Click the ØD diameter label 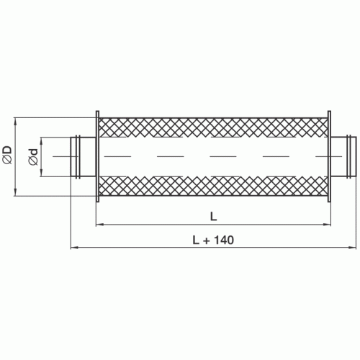coord(7,156)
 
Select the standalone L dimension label coord(214,215)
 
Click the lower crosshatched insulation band coord(213,186)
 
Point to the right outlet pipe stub coord(344,156)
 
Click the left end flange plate coord(96,156)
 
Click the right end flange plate coord(330,156)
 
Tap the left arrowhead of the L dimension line coord(101,225)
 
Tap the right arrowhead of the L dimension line coord(326,225)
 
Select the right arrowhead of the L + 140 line coord(352,248)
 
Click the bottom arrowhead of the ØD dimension coord(17,193)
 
